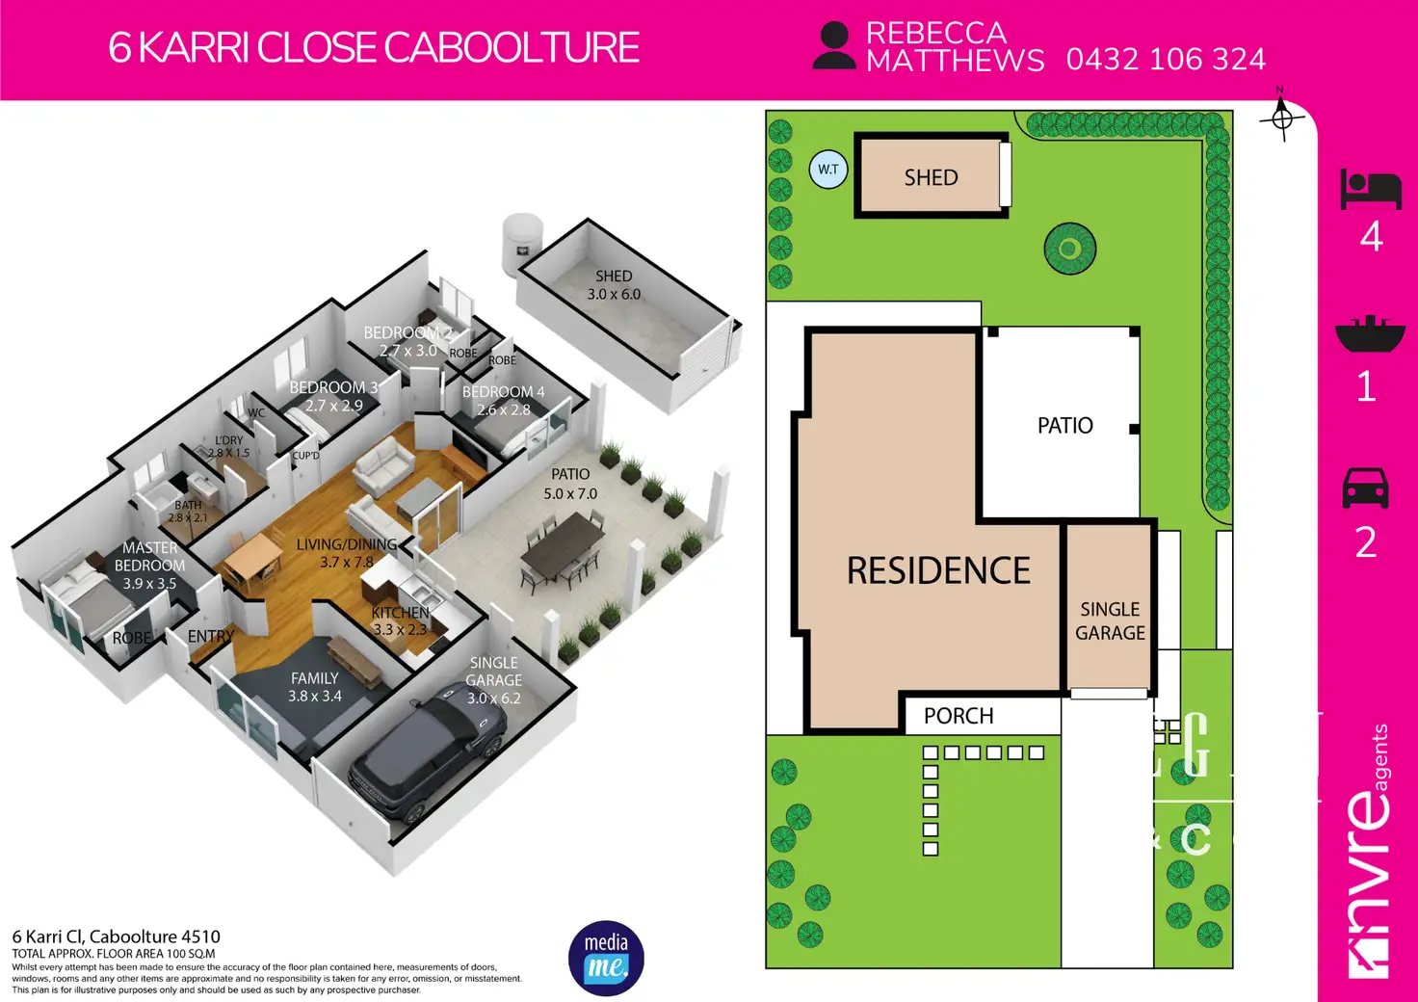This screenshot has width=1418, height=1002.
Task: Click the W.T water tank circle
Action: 828,170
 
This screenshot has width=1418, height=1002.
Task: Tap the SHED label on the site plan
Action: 931,177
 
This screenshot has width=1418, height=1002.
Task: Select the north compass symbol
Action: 1281,119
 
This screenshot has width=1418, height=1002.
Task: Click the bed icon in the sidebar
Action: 1370,190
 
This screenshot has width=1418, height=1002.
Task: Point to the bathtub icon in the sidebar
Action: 1370,333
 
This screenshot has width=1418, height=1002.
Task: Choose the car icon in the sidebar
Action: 1366,488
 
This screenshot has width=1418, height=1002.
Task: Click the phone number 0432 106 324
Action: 1166,60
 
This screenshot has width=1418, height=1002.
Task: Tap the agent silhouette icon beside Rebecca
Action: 833,46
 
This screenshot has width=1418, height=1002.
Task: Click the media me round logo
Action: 606,958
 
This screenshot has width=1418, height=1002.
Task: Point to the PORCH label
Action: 958,716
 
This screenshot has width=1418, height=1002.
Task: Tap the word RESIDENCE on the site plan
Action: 938,570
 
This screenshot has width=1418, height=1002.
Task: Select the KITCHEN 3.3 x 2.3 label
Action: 400,620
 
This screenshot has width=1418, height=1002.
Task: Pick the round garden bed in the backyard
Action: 1069,249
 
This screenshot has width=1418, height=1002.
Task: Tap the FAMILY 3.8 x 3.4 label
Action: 315,687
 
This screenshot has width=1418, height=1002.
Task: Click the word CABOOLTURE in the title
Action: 512,48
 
